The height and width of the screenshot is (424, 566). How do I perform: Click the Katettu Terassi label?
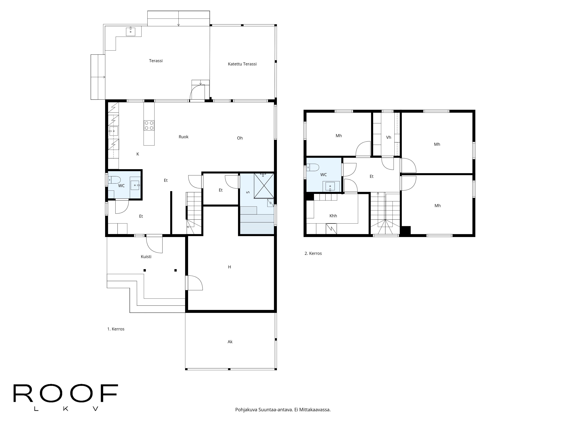tap(242, 64)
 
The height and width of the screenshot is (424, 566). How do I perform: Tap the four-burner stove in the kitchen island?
tap(149, 125)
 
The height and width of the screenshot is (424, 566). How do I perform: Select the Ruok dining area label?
tap(184, 137)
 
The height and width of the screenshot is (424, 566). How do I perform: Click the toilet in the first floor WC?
tap(114, 180)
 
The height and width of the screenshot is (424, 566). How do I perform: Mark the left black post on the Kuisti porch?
tap(145, 270)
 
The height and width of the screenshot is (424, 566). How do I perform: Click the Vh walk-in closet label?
tap(388, 137)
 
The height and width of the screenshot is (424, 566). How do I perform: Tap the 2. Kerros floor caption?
tap(313, 253)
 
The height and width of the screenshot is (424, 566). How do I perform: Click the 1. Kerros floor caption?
tap(116, 329)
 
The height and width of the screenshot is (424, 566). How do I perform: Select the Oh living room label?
tap(240, 138)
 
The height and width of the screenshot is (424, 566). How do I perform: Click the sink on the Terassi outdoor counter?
tap(130, 31)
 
